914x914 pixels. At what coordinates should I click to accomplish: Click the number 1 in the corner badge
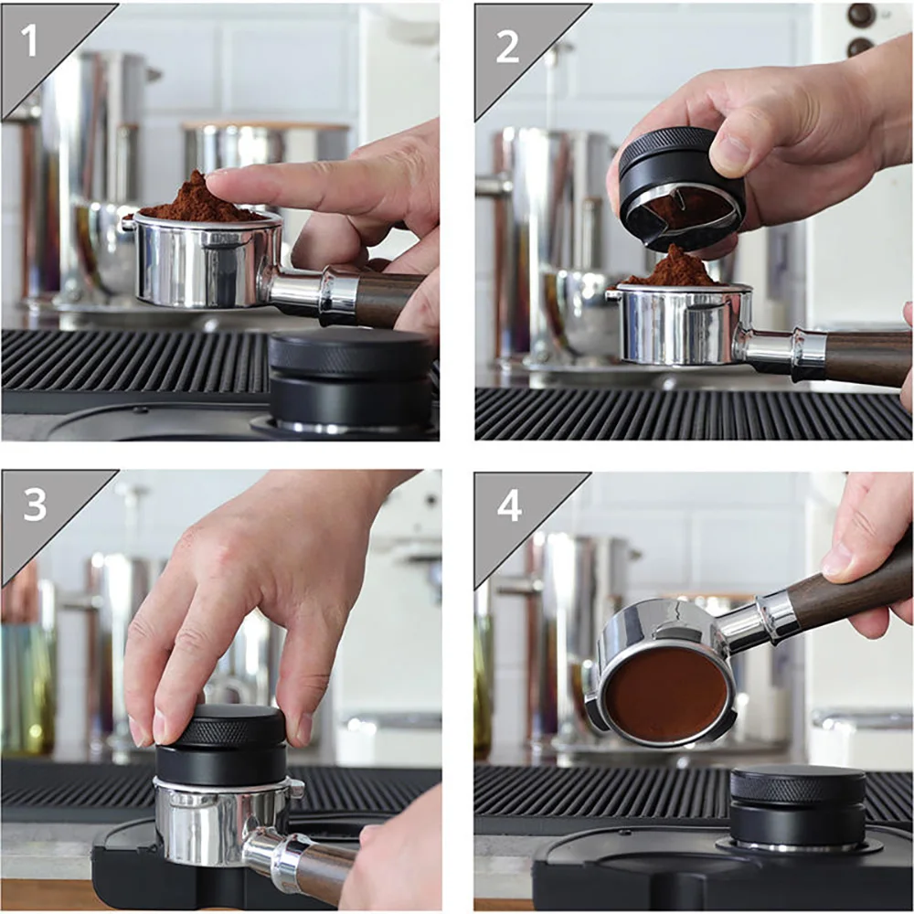tap(30, 42)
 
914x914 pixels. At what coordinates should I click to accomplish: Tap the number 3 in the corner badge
tap(35, 505)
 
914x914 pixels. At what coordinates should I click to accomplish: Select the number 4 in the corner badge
tap(509, 505)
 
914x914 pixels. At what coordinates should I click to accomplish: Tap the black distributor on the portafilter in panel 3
tap(220, 745)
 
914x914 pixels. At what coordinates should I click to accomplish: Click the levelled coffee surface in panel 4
tap(665, 695)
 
